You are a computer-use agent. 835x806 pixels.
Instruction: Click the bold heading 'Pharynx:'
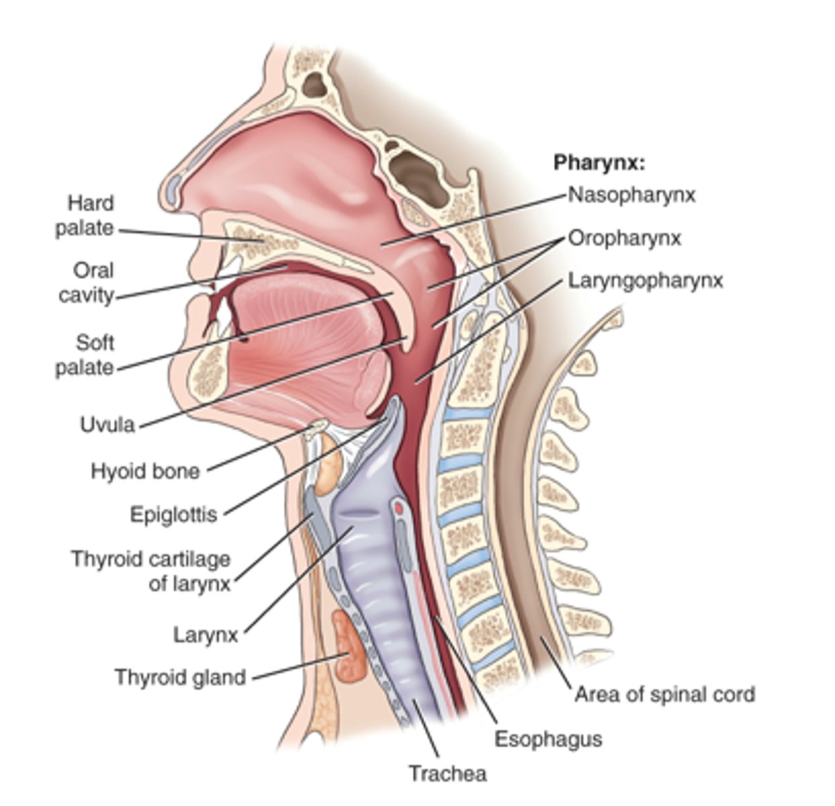[599, 163]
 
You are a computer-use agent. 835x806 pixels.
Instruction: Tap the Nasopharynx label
[631, 195]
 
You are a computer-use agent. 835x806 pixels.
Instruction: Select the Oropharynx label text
[625, 238]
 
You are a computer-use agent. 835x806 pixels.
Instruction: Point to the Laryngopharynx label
[645, 281]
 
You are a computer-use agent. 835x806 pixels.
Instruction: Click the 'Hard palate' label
[85, 216]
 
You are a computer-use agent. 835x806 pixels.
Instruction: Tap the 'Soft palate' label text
[85, 355]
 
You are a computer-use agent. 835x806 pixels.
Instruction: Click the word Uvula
[108, 424]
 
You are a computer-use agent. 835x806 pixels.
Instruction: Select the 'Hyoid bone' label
[145, 471]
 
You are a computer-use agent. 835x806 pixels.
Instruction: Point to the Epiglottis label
[173, 514]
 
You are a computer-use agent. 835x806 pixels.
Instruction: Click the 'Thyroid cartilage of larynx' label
[151, 572]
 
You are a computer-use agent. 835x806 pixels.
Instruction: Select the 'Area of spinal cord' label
[665, 694]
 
